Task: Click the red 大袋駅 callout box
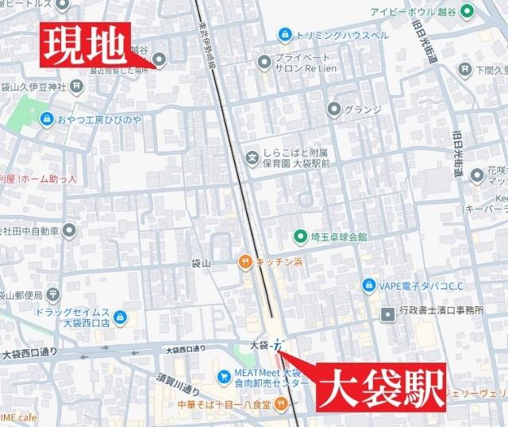point(382,387)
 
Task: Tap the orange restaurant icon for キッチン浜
point(248,261)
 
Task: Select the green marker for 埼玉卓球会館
point(300,236)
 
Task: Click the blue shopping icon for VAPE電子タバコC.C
point(368,285)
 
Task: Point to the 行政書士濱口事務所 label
point(441,310)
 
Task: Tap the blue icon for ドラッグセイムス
point(119,317)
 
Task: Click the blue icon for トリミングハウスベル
point(285,35)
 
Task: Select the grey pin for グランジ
point(333,109)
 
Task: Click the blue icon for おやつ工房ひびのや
point(47,120)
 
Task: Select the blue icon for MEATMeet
point(225,373)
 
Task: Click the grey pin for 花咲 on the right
point(477,175)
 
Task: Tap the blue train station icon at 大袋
point(277,345)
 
